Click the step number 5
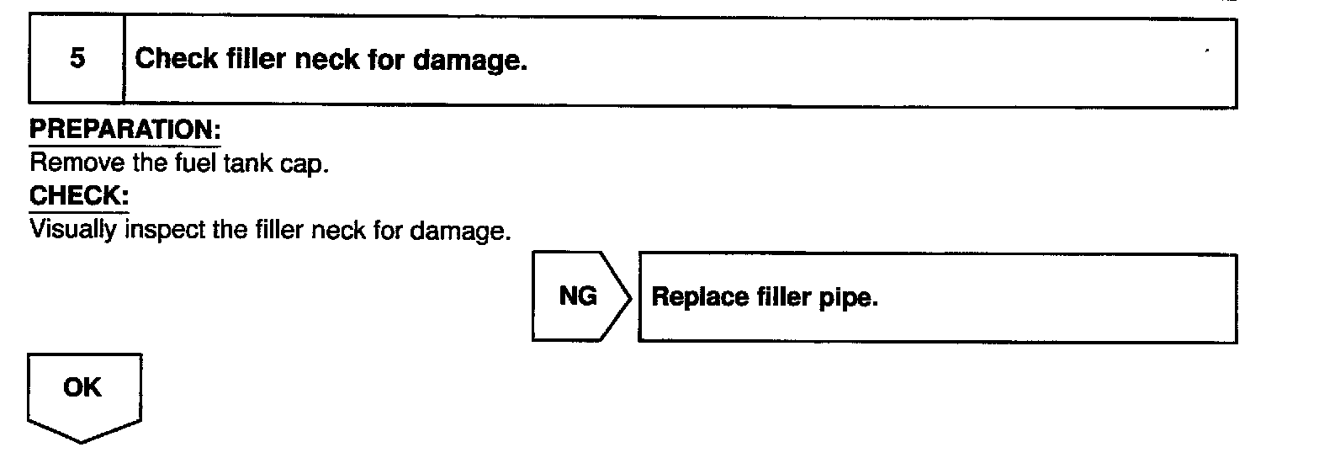[77, 60]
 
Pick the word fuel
[176, 164]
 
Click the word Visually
[74, 229]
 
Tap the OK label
[82, 388]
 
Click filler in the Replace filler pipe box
[777, 299]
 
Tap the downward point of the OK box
[82, 441]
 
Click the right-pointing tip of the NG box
[630, 296]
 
